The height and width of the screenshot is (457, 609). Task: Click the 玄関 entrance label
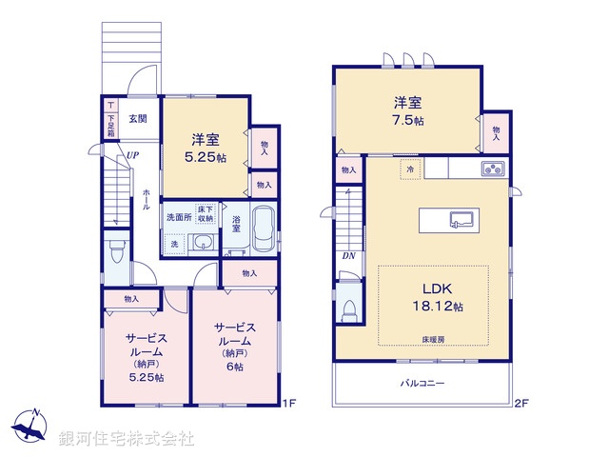pos(136,119)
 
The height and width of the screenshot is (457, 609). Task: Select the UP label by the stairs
pos(124,159)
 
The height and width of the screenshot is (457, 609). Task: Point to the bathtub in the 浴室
pos(262,228)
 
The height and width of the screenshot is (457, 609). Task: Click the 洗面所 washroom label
pos(179,217)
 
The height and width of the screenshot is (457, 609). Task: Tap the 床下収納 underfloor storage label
pos(206,214)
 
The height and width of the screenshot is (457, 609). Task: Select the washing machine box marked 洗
pos(174,244)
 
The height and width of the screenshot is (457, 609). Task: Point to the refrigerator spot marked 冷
pos(410,168)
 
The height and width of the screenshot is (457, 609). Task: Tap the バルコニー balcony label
pos(422,383)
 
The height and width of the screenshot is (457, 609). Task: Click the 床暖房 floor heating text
pos(433,339)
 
